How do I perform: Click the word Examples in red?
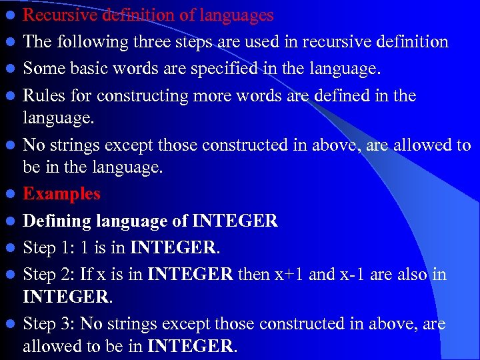click(61, 194)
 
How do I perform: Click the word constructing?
click(143, 95)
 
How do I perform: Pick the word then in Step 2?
click(274, 274)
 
